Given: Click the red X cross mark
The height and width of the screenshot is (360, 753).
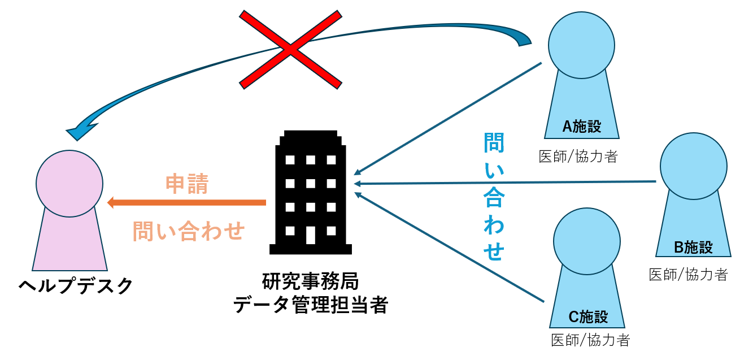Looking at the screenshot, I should [x=290, y=50].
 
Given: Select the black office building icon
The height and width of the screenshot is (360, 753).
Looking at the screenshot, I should [x=310, y=192].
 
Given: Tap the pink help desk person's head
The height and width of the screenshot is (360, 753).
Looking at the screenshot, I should [x=69, y=183].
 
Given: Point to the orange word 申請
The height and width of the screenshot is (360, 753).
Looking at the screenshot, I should [x=187, y=184].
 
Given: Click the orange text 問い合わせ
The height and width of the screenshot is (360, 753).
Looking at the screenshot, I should [x=189, y=231].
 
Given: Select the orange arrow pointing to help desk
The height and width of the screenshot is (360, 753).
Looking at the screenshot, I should [x=186, y=202].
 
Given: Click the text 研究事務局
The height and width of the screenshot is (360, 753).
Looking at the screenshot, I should [x=310, y=281].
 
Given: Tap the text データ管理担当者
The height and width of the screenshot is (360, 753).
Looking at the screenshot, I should [x=310, y=305].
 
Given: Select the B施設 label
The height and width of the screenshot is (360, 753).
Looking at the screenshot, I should [x=693, y=247].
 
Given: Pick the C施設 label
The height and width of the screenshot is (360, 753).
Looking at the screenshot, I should [x=587, y=317].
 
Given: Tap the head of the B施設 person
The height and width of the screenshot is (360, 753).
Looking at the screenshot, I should [x=694, y=166].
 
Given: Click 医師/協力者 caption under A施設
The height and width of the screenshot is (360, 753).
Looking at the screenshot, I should [x=578, y=157].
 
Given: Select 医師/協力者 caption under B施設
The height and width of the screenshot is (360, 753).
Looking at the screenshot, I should [x=689, y=275].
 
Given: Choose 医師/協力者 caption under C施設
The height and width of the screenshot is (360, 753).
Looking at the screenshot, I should [x=590, y=340].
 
